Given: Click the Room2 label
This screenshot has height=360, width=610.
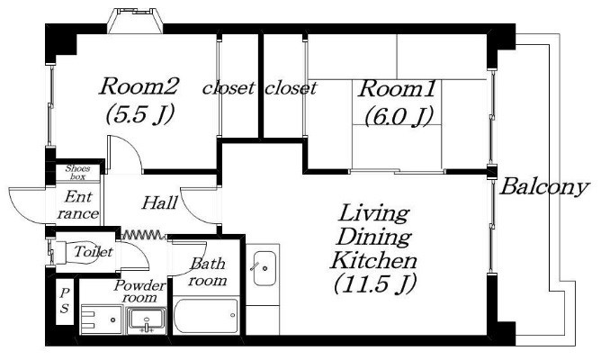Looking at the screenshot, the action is point(139,86).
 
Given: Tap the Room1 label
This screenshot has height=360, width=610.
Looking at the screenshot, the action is point(397,89).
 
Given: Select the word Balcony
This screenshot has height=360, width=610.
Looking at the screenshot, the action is point(544,187).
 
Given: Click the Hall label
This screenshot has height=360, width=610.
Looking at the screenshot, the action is point(159,202).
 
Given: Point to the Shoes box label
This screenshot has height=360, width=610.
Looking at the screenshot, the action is point(77,173).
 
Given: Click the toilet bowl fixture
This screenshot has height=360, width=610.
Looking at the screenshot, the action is point(76,252).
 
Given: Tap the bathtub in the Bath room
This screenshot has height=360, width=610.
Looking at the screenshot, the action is point(205,316).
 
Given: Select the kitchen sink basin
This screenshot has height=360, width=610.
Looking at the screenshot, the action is point(265,268).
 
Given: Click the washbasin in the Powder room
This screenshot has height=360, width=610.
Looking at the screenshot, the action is point(147,319).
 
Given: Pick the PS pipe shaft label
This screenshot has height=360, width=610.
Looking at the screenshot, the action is point(65,301).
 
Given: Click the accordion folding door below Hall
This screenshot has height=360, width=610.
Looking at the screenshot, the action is point(144,235).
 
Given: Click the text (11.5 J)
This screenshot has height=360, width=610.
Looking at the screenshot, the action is point(374,283).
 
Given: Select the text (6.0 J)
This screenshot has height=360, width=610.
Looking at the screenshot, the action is point(399,116).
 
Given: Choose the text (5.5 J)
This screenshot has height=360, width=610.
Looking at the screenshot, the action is point(139,114).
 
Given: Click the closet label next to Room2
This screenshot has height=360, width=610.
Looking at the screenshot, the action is point(229,88).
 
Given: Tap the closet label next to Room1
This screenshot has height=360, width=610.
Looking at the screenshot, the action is point(291,88).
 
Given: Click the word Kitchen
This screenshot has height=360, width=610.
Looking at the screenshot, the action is point(373,261).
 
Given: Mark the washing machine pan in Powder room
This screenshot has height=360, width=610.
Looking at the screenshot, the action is point(102,319).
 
